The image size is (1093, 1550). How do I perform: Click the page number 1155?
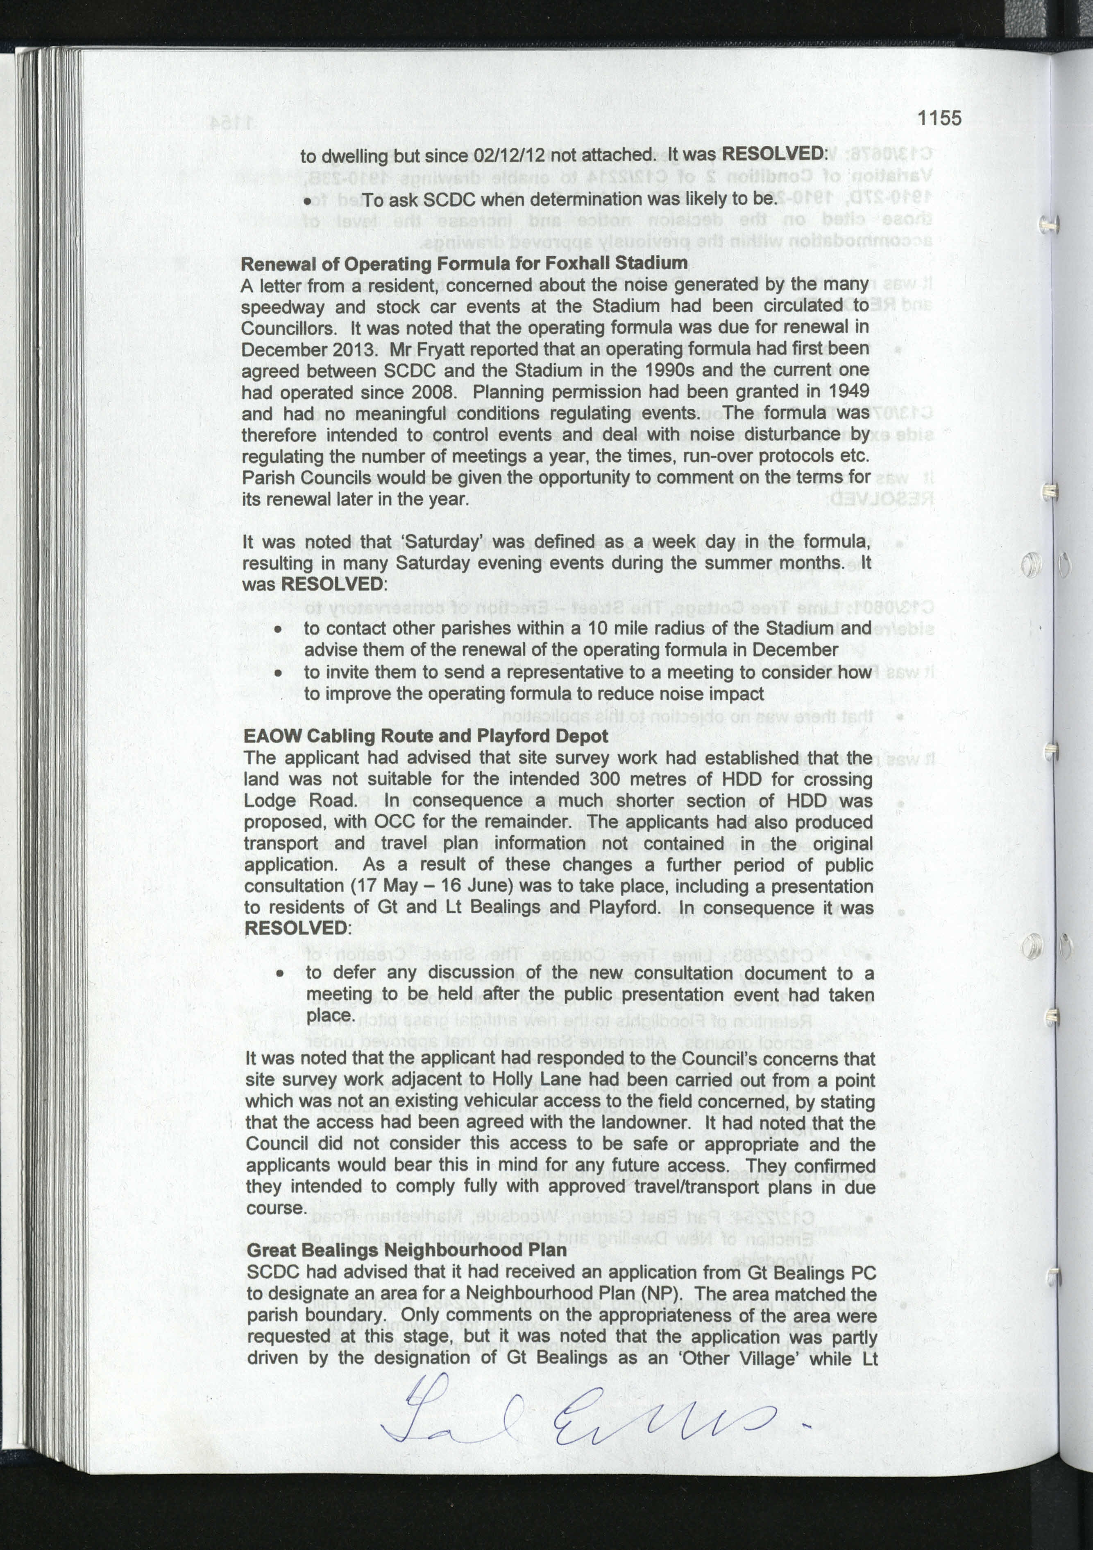[x=939, y=118]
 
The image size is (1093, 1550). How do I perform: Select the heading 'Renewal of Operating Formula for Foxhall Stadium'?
[x=464, y=263]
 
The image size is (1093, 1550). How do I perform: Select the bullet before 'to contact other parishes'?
[x=278, y=629]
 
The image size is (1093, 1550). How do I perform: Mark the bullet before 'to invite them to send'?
[x=278, y=673]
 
